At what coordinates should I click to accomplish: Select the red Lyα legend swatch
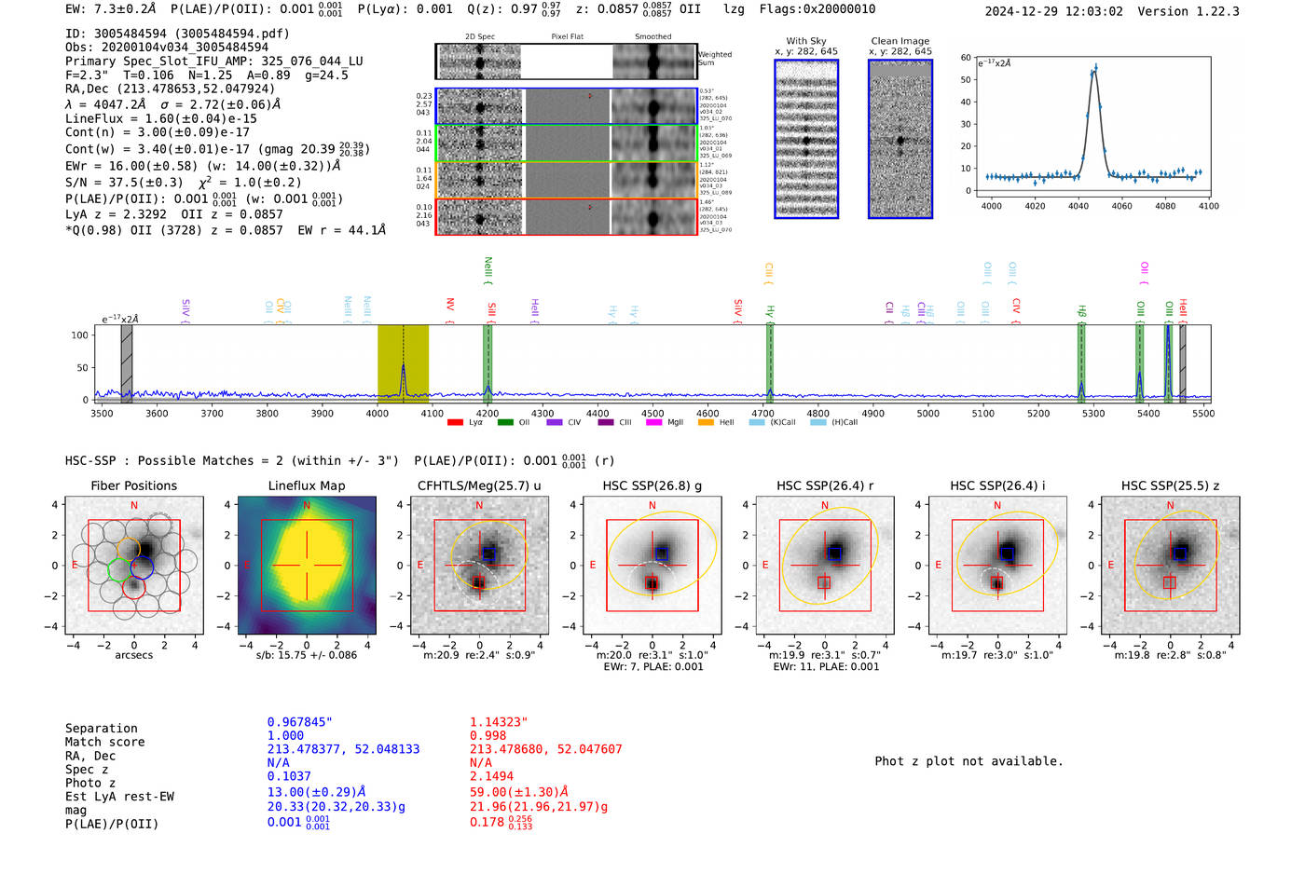coord(455,423)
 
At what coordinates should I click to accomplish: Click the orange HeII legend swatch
coord(705,423)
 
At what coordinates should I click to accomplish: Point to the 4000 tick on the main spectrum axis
coord(378,413)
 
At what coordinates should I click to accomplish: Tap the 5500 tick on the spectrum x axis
coord(1203,413)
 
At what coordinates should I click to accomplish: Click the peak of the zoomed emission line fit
coord(1095,67)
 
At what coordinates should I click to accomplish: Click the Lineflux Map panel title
coord(306,485)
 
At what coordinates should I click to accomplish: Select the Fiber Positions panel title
coord(133,485)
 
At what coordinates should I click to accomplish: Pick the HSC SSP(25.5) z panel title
coord(1170,485)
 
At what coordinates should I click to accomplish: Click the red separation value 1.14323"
coord(499,722)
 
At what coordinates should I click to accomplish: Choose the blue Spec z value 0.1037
coord(289,776)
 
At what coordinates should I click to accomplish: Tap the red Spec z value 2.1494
coord(492,776)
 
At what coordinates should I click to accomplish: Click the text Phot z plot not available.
coord(968,761)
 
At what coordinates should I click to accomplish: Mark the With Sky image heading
coord(805,41)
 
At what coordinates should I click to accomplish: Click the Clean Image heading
coord(900,41)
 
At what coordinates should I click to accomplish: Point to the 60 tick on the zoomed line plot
coord(967,58)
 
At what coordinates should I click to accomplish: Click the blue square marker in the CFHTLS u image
coord(488,553)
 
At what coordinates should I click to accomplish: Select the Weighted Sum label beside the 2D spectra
coord(714,59)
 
